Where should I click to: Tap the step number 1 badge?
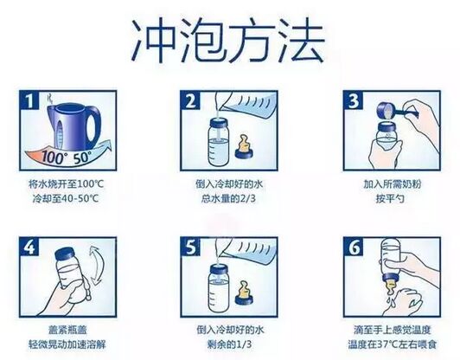click(35, 103)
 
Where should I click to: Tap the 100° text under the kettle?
click(61, 159)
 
